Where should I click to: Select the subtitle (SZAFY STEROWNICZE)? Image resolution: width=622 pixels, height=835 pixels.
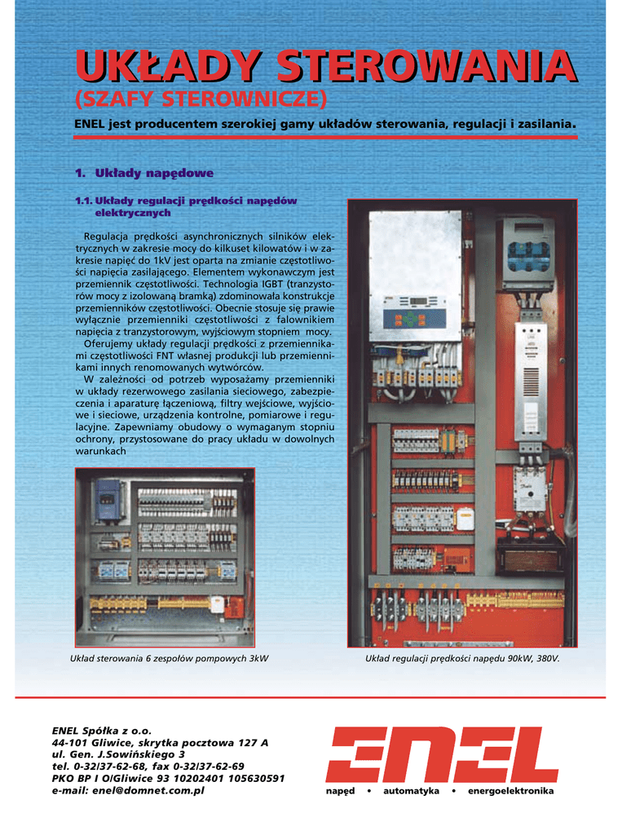tap(201, 100)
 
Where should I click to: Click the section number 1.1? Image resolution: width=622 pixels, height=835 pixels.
tap(83, 201)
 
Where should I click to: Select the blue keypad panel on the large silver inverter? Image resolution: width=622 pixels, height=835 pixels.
tap(415, 319)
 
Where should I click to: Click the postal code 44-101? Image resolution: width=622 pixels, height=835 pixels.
tap(68, 744)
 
